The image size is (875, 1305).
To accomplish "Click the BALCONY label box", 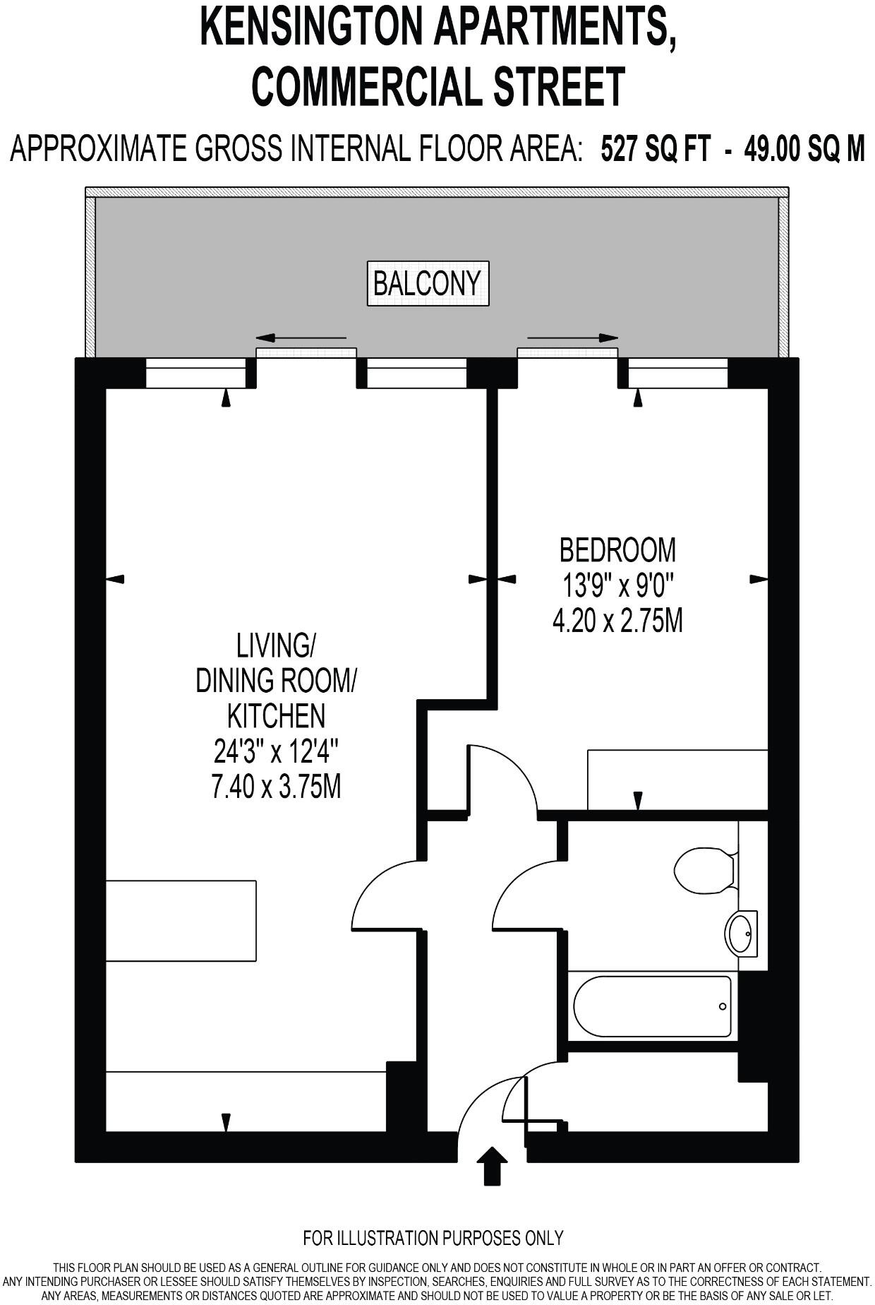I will tap(428, 284).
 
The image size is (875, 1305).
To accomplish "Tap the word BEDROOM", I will tap(617, 549).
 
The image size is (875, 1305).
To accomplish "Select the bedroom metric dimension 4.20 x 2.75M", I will tap(617, 621).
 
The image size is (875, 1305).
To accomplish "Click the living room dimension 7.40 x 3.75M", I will tap(276, 787).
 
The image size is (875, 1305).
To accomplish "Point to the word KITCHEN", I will tap(276, 716).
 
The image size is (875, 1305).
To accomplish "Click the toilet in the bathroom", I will tap(704, 870).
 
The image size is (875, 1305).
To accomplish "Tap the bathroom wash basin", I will tap(741, 934).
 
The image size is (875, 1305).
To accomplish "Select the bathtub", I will tap(651, 1006).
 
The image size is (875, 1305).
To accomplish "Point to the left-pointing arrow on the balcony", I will tap(301, 338).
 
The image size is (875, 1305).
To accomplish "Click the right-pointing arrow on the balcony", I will tap(572, 338).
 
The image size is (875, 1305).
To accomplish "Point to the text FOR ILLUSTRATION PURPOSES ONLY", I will tap(433, 1237).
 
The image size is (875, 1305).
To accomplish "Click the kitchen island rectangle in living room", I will tap(181, 920).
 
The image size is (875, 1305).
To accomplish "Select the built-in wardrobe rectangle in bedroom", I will tap(677, 780).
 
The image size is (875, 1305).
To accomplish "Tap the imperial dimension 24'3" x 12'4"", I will tap(276, 751).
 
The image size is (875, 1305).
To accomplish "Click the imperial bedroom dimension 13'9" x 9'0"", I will tap(617, 585).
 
